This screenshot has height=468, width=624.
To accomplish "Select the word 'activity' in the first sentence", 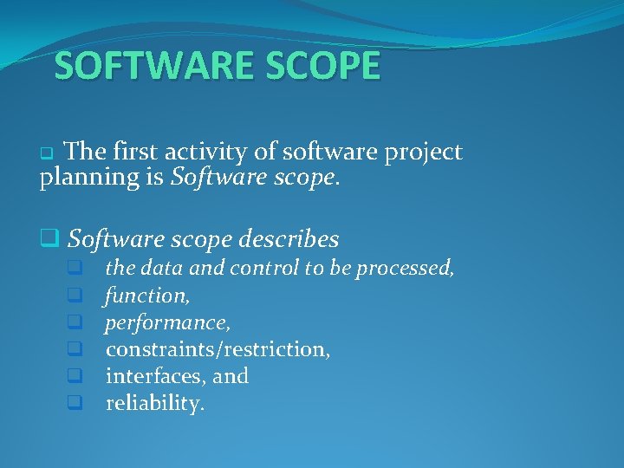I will (x=216, y=153).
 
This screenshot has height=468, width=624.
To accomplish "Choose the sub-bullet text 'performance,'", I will (x=168, y=322).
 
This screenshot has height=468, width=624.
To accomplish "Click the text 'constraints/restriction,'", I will (x=218, y=349).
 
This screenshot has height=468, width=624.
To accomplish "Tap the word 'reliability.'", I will (x=155, y=403).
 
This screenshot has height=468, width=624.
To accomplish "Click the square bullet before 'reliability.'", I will (x=75, y=403).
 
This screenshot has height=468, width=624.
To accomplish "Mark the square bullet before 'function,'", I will (x=75, y=296).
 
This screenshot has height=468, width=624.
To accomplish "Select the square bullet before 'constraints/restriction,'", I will (x=75, y=349).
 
